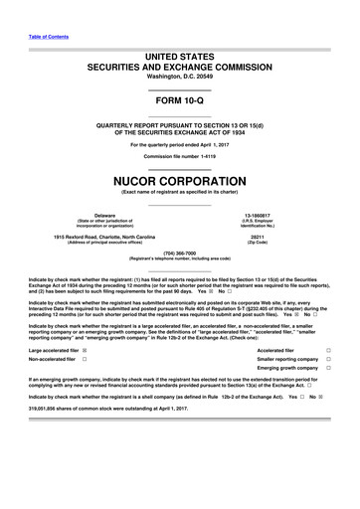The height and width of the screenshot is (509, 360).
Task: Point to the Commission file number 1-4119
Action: click(x=179, y=156)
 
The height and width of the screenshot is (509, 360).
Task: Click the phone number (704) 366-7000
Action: click(x=180, y=253)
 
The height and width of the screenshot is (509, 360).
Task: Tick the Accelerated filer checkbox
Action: click(x=341, y=350)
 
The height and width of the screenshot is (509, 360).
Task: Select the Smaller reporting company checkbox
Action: click(x=341, y=363)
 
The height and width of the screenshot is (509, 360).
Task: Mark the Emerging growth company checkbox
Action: click(x=341, y=376)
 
